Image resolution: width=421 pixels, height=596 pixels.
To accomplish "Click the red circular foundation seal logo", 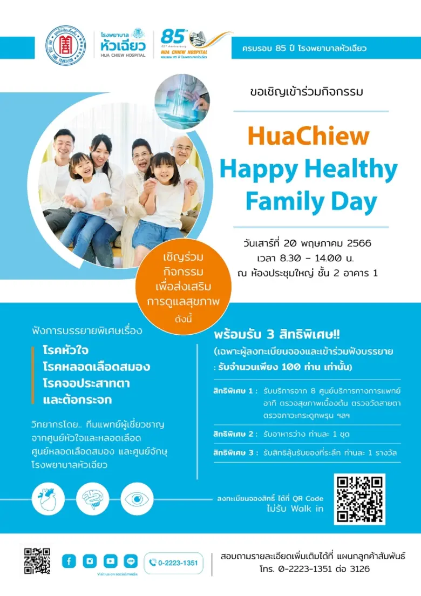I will pos(65,44).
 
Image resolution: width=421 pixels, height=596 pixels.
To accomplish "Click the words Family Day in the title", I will pos(311,201).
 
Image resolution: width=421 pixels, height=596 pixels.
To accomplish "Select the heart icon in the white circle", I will pos(47,499).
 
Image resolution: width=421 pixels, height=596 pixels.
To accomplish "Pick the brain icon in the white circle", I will pos(92,499).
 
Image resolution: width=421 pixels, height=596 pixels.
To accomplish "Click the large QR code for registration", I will pos(359,499).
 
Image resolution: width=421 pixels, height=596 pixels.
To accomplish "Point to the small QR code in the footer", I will pos(37,561).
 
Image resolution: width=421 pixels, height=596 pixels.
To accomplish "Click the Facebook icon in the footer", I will pos(69,561).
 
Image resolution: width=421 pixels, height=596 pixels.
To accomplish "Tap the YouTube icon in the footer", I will pos(110,561).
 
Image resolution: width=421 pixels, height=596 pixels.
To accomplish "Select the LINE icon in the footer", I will pos(131,561).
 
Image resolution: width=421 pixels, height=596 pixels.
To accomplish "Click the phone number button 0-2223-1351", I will pos(173,563).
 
